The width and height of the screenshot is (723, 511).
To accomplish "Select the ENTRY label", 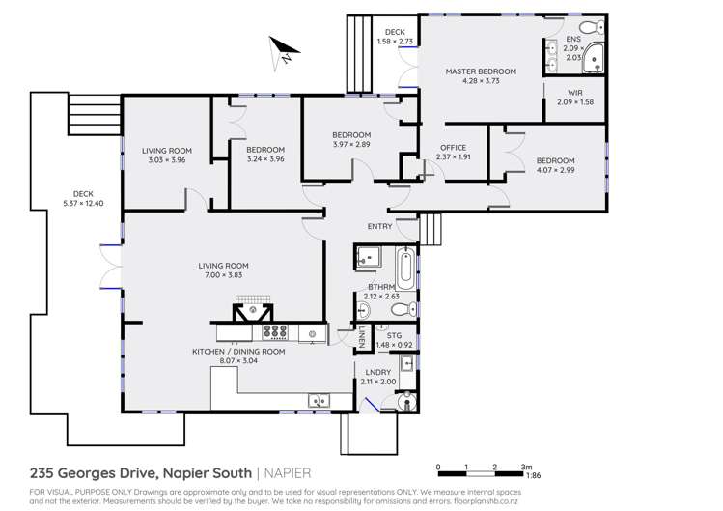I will pos(380,227).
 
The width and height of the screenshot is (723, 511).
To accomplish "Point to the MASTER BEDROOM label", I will pos(480,71).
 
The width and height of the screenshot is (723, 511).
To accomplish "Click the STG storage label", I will pos(394,335).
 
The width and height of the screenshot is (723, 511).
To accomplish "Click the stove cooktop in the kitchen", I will pos(276,332).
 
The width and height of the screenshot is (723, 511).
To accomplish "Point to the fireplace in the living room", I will pos(251,311).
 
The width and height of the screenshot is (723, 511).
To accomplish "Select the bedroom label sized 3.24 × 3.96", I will pos(264,150).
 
